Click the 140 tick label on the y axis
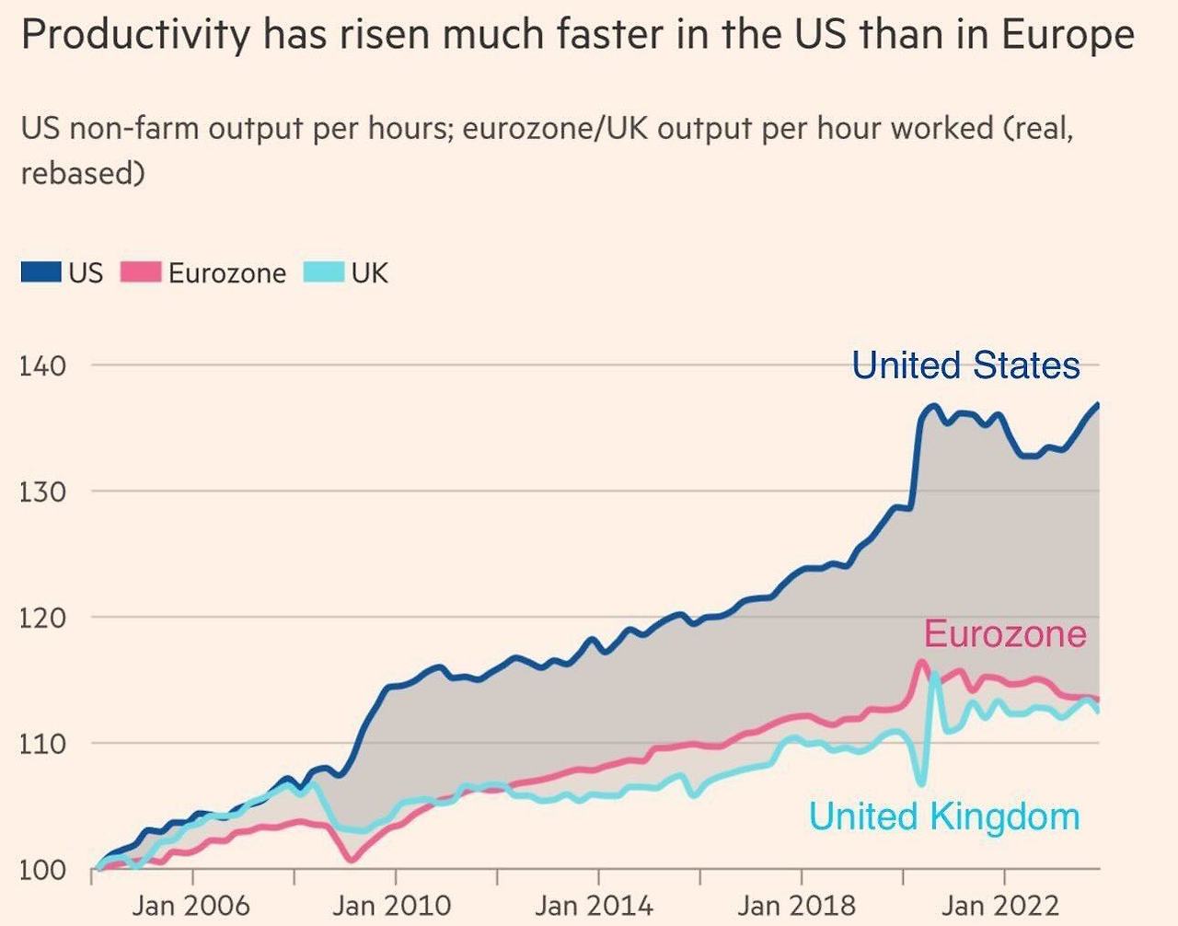pos(42,365)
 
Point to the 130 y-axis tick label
pos(42,492)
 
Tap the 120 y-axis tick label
pos(42,618)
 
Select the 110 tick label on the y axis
pos(42,744)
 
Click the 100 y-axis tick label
pos(42,870)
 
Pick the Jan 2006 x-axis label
pos(191,905)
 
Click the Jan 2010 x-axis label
pos(392,905)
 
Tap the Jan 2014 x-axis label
pos(594,905)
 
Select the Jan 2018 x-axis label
pos(796,905)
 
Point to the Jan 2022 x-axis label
pos(999,905)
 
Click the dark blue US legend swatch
pos(41,272)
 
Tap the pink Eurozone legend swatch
pos(141,272)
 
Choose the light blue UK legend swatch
pos(324,272)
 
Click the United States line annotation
pos(965,365)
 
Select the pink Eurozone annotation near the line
pos(1005,634)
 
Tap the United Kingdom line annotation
pos(944,816)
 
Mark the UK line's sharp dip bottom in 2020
pos(922,784)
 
